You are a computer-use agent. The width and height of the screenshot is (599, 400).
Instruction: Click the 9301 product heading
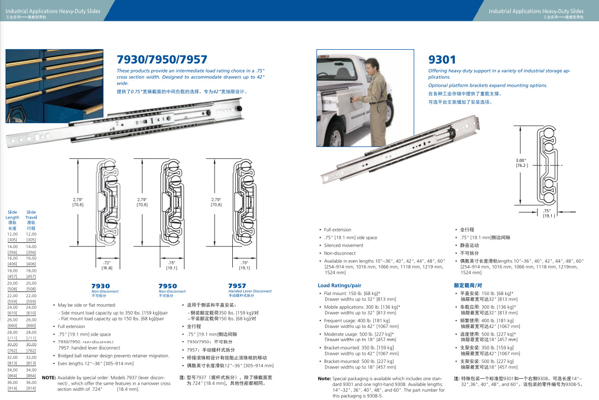click(442, 60)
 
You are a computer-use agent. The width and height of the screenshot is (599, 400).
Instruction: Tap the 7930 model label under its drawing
click(100, 286)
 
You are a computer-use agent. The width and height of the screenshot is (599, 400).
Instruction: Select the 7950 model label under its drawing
click(168, 286)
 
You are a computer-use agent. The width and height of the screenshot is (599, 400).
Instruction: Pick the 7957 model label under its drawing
click(237, 286)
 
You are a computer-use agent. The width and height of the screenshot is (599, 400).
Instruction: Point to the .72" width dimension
click(107, 263)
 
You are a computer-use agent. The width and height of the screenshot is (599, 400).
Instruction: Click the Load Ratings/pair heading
click(339, 285)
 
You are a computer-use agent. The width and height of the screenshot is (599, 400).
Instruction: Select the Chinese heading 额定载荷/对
click(468, 285)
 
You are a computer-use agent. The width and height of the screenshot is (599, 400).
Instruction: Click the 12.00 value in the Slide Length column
click(13, 234)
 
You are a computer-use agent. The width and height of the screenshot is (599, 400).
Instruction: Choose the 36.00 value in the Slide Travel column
click(31, 382)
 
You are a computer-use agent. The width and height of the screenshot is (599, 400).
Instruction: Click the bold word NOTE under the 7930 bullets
click(49, 378)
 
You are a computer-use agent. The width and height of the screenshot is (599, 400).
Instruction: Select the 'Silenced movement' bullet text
click(344, 245)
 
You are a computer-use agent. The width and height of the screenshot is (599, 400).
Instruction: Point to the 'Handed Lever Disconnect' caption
click(250, 292)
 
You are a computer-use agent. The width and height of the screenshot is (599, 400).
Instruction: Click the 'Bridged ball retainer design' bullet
click(114, 356)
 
